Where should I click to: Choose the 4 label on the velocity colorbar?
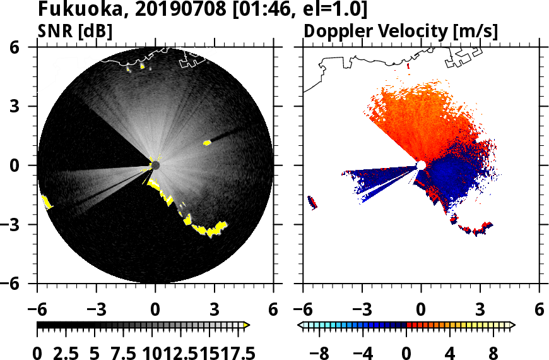451,352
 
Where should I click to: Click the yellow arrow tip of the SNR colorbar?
247,325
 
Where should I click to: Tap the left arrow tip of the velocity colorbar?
302,325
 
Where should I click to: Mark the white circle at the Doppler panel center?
421,165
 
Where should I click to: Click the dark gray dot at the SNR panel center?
155,165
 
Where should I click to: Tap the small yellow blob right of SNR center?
207,143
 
